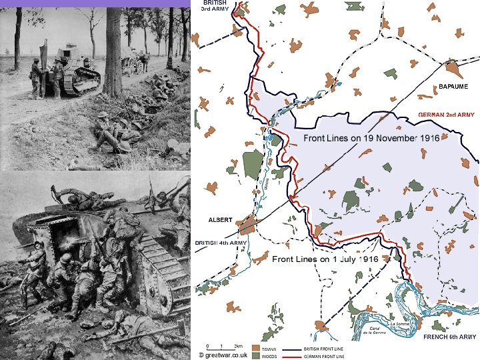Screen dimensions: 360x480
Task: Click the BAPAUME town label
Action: point(453,87)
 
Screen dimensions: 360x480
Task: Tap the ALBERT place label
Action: point(220,219)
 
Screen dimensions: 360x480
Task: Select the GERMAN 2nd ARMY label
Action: point(447,115)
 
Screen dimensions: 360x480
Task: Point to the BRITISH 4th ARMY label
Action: point(221,243)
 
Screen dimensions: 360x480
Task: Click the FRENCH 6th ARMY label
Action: point(450,338)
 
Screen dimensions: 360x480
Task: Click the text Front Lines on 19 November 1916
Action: point(371,139)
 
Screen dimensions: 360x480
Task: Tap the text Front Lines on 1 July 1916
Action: point(325,259)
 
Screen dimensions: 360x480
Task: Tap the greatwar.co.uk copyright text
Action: point(223,355)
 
